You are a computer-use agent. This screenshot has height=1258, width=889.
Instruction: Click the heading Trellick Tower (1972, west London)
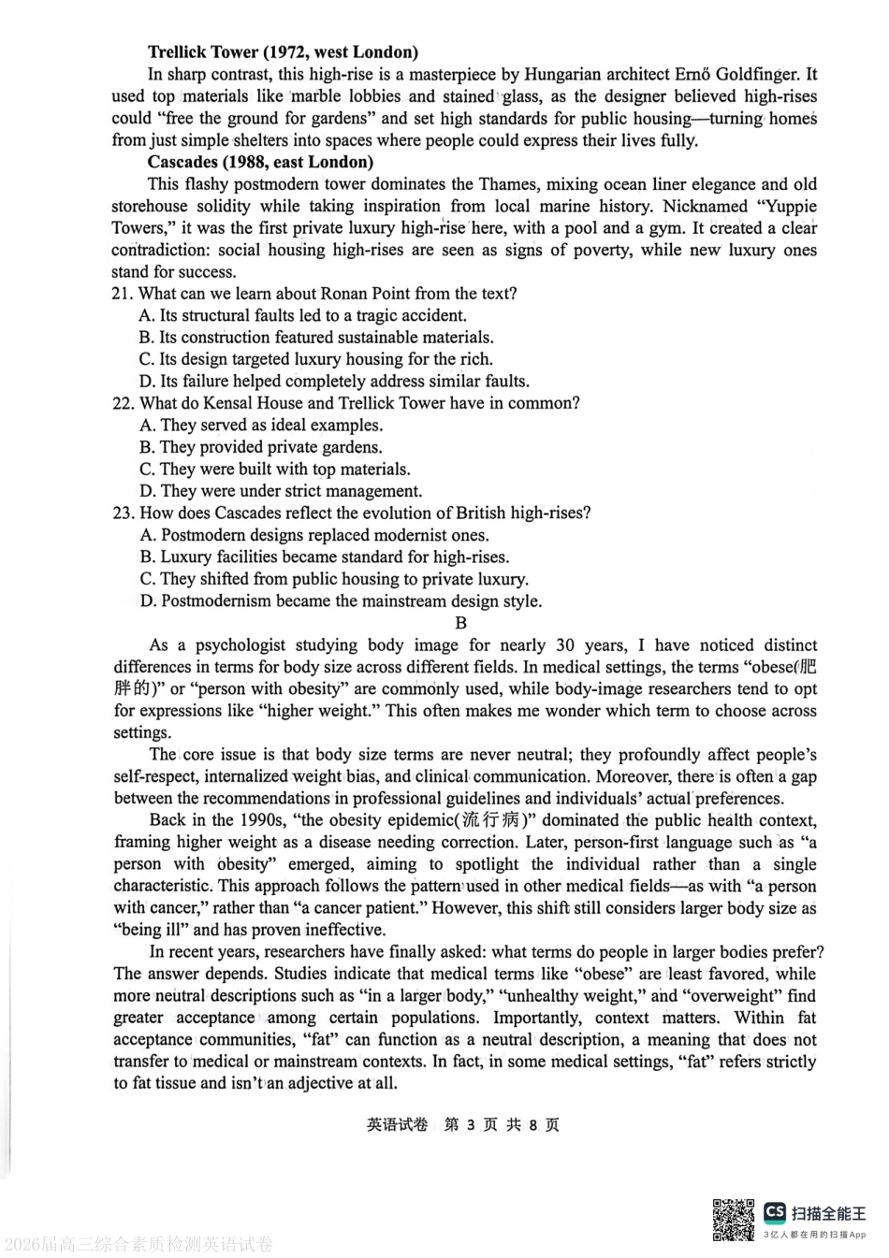tap(283, 52)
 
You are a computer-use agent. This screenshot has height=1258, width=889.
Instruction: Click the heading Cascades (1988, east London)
tap(260, 162)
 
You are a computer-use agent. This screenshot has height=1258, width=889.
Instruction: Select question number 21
tap(123, 294)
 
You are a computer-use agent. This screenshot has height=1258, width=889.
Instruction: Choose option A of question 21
tap(302, 315)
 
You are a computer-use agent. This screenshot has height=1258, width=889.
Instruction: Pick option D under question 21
tap(334, 381)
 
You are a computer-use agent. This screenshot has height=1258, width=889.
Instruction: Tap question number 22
tap(123, 403)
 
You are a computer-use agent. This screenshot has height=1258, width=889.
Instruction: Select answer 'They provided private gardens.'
tap(261, 447)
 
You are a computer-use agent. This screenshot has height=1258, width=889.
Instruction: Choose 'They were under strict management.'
tap(281, 491)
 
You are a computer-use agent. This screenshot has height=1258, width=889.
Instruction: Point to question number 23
tap(123, 513)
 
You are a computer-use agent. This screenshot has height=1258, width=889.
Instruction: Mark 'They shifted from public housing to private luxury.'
tap(334, 579)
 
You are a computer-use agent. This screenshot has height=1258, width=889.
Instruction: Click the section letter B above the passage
tap(460, 623)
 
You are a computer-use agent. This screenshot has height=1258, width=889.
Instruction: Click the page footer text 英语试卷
tap(397, 1124)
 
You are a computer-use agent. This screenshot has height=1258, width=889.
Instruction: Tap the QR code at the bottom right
tap(734, 1219)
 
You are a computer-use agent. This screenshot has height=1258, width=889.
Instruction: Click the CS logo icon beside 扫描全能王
tap(775, 1213)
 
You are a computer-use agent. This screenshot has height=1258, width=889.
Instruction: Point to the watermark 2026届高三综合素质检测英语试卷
tap(138, 1244)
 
